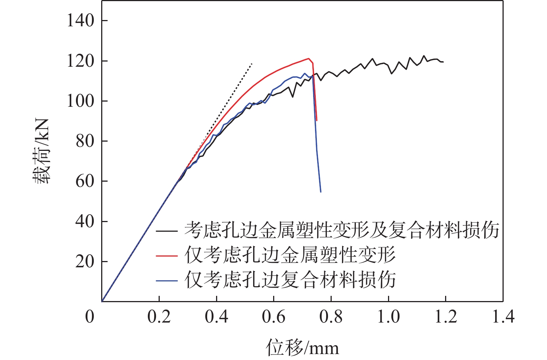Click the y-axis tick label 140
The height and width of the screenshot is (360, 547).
coord(80,20)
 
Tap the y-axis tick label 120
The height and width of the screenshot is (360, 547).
coord(80,61)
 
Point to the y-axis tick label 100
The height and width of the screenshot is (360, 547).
coord(80,101)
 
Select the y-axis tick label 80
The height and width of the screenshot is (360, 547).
coord(85,141)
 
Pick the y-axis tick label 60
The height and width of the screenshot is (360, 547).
coord(85,181)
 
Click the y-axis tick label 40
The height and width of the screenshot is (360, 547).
coord(85,221)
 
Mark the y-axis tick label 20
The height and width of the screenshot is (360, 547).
coord(85,261)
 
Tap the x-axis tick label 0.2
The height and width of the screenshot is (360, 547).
coord(159,317)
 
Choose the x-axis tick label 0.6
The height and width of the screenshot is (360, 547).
coord(273,317)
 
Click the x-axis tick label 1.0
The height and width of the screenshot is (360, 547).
coord(388,317)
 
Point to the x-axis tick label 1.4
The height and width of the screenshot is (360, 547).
coord(503,317)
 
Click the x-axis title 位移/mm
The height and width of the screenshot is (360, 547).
coord(302,347)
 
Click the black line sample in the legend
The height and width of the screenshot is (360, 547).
coord(166,231)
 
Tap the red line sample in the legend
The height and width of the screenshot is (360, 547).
coord(166,255)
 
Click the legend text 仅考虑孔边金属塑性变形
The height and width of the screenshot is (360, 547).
coord(290,255)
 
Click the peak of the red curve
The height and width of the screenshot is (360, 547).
coord(308,58)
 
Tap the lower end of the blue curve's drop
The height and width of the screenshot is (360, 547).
coord(321,192)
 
